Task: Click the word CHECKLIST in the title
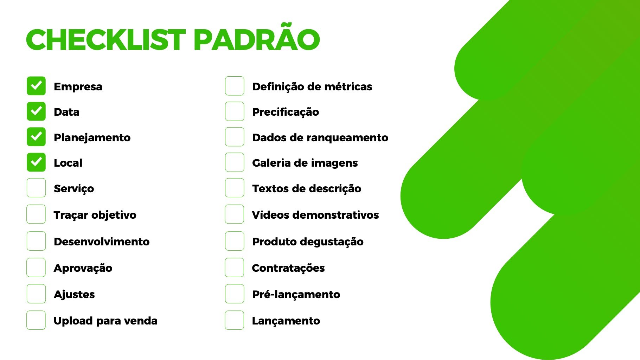pos(106,40)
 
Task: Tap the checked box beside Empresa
pos(36,86)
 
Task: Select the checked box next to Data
pos(36,111)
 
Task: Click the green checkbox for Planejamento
pos(36,137)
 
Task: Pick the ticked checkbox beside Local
pos(36,162)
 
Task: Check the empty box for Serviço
pos(36,188)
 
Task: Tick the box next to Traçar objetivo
pos(36,214)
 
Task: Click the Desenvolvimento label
pos(102,242)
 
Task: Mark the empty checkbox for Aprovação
pos(36,268)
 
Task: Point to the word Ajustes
pos(74,295)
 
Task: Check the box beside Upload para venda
pos(36,320)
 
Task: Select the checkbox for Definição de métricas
pos(235,86)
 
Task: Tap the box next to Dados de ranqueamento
pos(235,137)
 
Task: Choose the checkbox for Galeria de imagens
pos(235,162)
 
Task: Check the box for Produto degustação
pos(235,241)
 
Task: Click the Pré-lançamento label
pos(296,294)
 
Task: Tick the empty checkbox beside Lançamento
pos(235,320)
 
